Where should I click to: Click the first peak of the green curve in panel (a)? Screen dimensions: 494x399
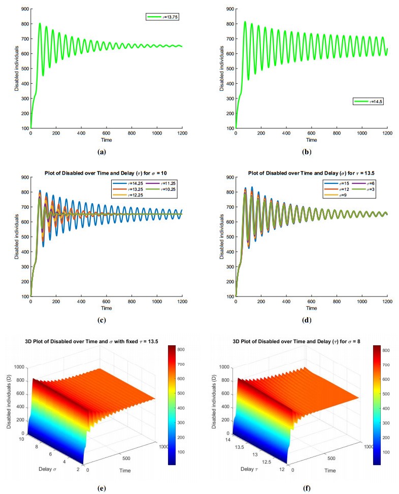40,23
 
